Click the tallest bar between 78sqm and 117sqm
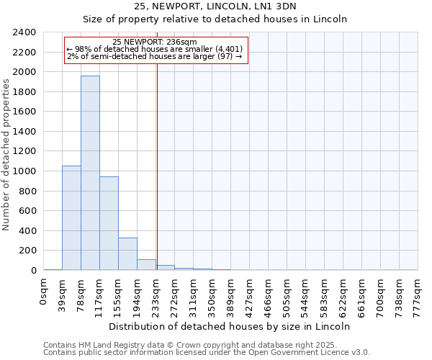click(x=90, y=173)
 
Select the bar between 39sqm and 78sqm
click(x=71, y=217)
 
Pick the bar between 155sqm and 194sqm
click(x=127, y=253)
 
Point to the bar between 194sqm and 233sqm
click(x=146, y=264)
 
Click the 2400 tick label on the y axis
click(x=24, y=32)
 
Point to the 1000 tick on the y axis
click(x=24, y=171)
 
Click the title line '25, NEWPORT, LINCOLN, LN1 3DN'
click(x=215, y=6)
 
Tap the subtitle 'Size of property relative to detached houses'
click(x=215, y=19)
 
